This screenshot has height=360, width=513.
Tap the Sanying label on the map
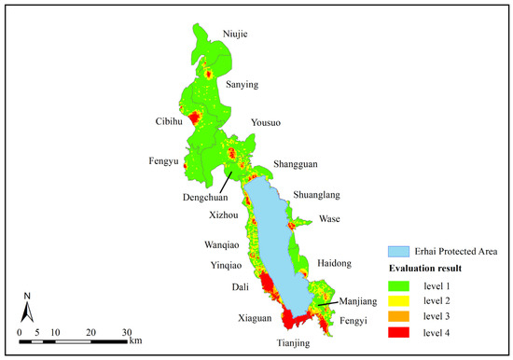[244, 84]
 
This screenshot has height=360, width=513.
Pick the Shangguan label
[295, 164]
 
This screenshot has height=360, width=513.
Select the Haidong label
[334, 263]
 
